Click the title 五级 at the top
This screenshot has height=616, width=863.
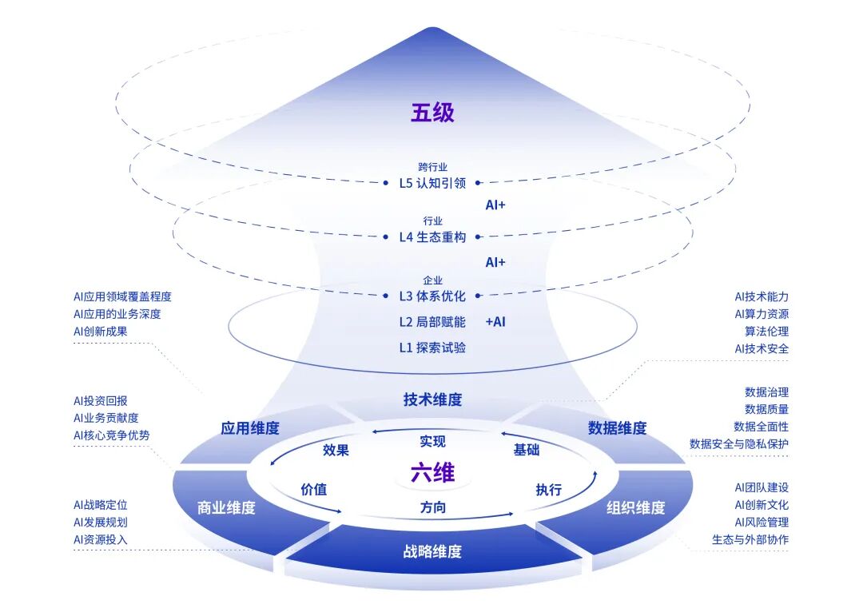(x=432, y=113)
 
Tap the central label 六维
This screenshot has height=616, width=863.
(x=432, y=473)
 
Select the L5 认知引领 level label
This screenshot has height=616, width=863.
(x=432, y=182)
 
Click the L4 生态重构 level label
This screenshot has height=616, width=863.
(x=432, y=237)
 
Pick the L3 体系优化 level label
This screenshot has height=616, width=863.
(x=432, y=296)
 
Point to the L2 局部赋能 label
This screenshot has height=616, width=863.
(x=432, y=322)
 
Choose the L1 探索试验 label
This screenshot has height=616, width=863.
(x=432, y=348)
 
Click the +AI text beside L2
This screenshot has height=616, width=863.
(x=495, y=322)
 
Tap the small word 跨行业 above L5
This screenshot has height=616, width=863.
(x=432, y=167)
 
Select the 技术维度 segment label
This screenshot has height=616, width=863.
(x=432, y=399)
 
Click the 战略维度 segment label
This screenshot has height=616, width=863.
(x=432, y=551)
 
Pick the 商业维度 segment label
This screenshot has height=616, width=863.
(x=226, y=507)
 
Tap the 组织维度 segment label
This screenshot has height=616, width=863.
(x=635, y=507)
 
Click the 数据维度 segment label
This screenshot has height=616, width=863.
(x=617, y=428)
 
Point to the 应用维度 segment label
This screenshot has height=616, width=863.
(x=250, y=428)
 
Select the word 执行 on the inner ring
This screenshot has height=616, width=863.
(x=548, y=490)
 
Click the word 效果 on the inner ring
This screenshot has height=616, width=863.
(x=336, y=450)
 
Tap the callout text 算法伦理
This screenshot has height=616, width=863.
(x=766, y=332)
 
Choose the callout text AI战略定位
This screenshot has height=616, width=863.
(x=100, y=505)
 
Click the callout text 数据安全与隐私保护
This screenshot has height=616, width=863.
(x=738, y=444)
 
